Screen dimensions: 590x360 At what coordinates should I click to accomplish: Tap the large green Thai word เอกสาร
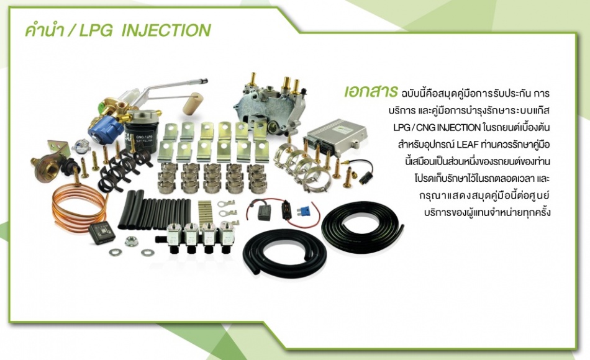tap(371, 92)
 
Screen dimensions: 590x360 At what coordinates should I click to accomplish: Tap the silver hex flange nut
tap(131, 241)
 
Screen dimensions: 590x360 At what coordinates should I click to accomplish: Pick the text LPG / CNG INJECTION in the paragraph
tap(437, 127)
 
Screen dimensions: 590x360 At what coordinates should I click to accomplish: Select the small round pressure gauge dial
tap(81, 146)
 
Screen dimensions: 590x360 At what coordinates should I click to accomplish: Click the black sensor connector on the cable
tap(365, 178)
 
